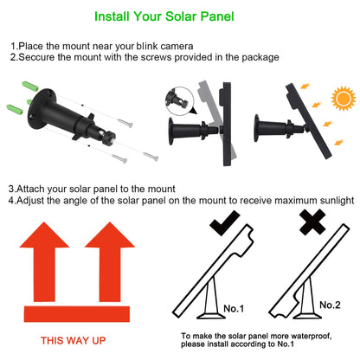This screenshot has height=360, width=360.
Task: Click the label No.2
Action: (329, 305)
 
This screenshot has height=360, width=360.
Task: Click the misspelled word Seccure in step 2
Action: (36, 57)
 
